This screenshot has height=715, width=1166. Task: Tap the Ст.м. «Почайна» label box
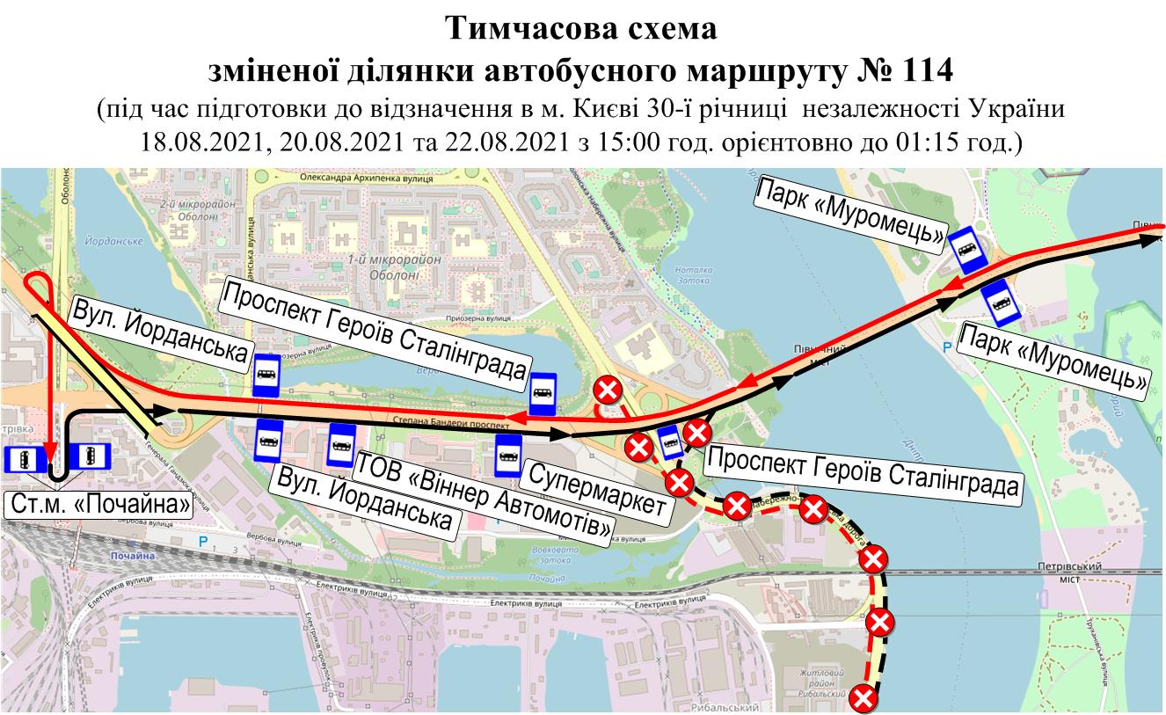[99, 504]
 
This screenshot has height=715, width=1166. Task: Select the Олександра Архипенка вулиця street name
[355, 178]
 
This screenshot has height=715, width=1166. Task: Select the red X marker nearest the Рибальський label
[865, 699]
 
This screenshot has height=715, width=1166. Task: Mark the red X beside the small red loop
[607, 389]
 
